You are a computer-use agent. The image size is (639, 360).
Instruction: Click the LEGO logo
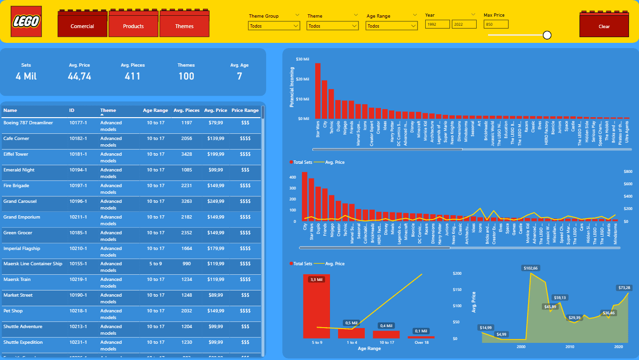[x=26, y=21]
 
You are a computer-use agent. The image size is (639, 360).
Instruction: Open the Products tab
[x=133, y=26]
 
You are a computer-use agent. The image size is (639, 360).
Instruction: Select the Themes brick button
[x=184, y=26]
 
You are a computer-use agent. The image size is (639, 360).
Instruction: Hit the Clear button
[x=604, y=26]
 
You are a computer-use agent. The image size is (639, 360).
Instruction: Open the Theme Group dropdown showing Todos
[x=274, y=26]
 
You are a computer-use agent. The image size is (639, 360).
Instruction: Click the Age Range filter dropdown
[x=391, y=26]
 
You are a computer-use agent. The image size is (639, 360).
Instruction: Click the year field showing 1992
[x=437, y=24]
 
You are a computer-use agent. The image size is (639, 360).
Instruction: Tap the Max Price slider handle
[x=547, y=35]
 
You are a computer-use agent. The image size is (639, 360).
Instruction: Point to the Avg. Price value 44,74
[x=80, y=76]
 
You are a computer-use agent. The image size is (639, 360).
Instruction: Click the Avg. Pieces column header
[x=186, y=110]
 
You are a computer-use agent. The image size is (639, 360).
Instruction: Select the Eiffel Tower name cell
[x=16, y=154]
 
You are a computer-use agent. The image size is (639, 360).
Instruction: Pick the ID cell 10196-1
[x=78, y=201]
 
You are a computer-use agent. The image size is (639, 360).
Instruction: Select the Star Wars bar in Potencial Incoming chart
[x=318, y=90]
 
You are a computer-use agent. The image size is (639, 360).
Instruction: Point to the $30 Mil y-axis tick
[x=302, y=59]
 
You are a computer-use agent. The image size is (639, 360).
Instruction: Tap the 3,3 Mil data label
[x=317, y=280]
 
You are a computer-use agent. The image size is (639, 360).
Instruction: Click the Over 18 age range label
[x=421, y=342]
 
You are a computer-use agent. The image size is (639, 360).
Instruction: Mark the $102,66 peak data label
[x=530, y=268]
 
